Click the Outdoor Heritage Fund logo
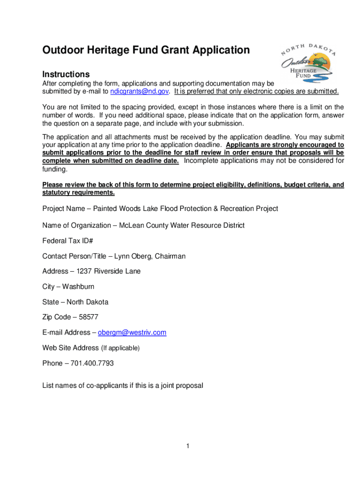click(x=309, y=62)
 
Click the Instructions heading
click(x=66, y=74)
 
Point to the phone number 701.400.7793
click(x=92, y=363)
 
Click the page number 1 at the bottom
click(x=187, y=446)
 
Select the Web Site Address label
click(x=71, y=348)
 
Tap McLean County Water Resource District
click(x=182, y=225)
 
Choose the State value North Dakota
click(x=87, y=302)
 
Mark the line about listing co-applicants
click(x=122, y=386)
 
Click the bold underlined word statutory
click(x=57, y=193)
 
